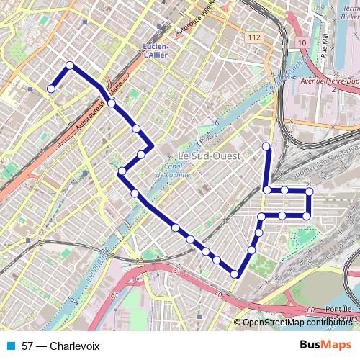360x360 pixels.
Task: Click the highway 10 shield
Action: pyautogui.click(x=301, y=44)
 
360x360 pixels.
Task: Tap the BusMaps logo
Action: pyautogui.click(x=326, y=346)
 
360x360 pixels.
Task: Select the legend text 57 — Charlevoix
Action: pyautogui.click(x=60, y=346)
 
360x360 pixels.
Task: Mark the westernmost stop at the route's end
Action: pyautogui.click(x=51, y=89)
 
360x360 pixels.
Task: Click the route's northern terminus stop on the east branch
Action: pyautogui.click(x=266, y=146)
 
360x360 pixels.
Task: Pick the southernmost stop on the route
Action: pyautogui.click(x=235, y=274)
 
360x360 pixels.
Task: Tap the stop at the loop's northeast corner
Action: pyautogui.click(x=309, y=192)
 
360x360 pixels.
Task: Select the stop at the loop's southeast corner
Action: pyautogui.click(x=307, y=216)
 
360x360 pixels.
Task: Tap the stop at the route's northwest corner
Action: pyautogui.click(x=70, y=66)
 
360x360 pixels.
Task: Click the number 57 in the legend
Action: pyautogui.click(x=27, y=346)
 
